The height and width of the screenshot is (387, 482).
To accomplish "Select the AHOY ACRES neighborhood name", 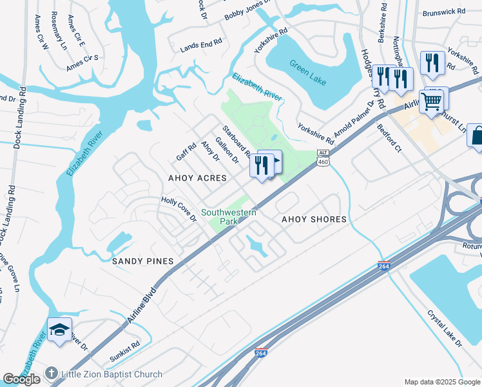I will (197, 177).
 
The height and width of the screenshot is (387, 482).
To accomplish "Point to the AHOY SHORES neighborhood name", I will (314, 219).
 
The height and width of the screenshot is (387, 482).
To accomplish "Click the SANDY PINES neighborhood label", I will (143, 261).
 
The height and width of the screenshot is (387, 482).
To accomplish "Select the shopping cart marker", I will (431, 100).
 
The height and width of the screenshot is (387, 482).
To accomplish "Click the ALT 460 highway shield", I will (323, 157).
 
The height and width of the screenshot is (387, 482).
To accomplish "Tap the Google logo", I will (22, 379).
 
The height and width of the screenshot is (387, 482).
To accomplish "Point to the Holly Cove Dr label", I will (178, 210).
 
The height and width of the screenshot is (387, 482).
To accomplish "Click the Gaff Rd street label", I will (186, 152).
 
